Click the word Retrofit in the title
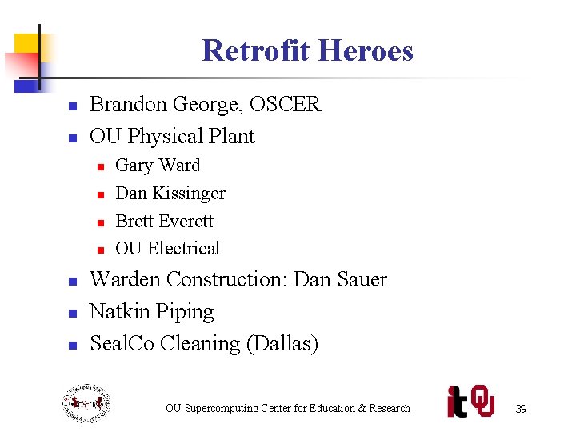(x=250, y=50)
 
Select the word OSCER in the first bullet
(x=286, y=105)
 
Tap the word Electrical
(x=183, y=249)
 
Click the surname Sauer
(x=362, y=280)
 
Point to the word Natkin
(x=118, y=312)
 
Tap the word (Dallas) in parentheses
(x=282, y=344)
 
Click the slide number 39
(x=521, y=409)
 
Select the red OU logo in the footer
(x=482, y=401)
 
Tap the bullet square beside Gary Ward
(x=102, y=167)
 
